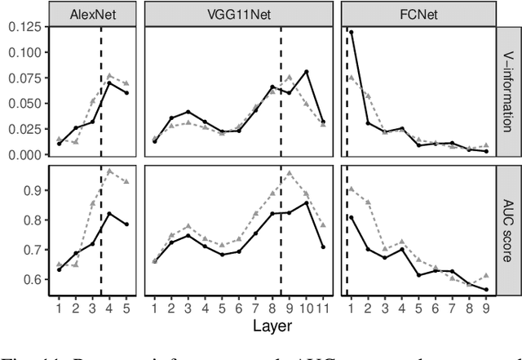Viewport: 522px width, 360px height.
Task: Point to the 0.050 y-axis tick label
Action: pos(24,104)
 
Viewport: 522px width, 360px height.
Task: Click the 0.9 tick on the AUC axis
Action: pos(34,190)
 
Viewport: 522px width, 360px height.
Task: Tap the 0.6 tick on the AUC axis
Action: pos(34,279)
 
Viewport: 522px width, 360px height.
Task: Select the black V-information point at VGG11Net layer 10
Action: pos(307,72)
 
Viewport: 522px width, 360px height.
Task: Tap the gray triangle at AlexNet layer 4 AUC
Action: pos(109,171)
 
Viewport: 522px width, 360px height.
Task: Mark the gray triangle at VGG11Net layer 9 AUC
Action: pos(290,173)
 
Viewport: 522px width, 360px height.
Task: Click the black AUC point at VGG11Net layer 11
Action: pos(324,247)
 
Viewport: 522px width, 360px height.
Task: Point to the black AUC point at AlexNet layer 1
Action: pos(59,269)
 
